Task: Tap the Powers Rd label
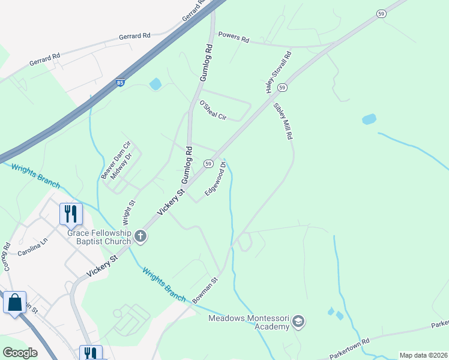coord(234,37)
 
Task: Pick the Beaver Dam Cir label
coord(115,160)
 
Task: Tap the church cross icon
coord(140,236)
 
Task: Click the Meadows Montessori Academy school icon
coord(298,323)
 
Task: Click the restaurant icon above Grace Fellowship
coord(71,213)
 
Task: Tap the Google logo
coord(20,353)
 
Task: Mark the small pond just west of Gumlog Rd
coord(155,84)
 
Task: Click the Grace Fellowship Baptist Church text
coord(99,236)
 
